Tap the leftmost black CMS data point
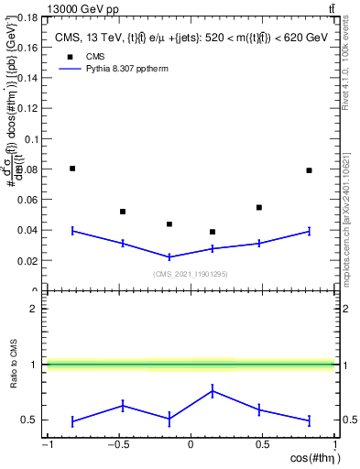pyautogui.click(x=72, y=169)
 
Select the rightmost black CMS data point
pyautogui.click(x=310, y=170)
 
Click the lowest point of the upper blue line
pyautogui.click(x=169, y=256)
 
